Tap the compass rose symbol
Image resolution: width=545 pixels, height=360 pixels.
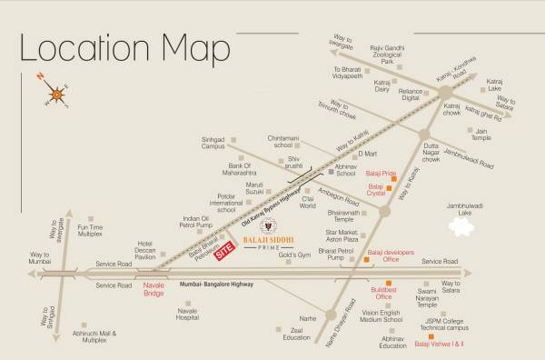click(x=59, y=92)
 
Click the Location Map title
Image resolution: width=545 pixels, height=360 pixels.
click(x=126, y=47)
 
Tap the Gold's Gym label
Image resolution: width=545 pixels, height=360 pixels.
click(x=295, y=257)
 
